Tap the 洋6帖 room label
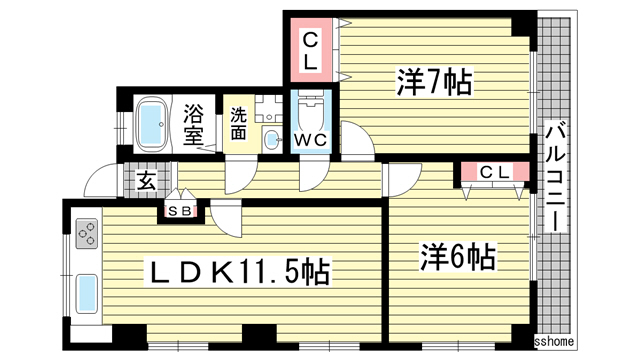tap(456, 257)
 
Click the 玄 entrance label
tap(145, 181)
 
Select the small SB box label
tap(181, 211)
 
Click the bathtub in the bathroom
tap(152, 122)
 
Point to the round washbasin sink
tap(271, 139)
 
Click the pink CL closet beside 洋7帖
tap(311, 51)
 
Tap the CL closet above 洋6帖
tap(495, 173)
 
